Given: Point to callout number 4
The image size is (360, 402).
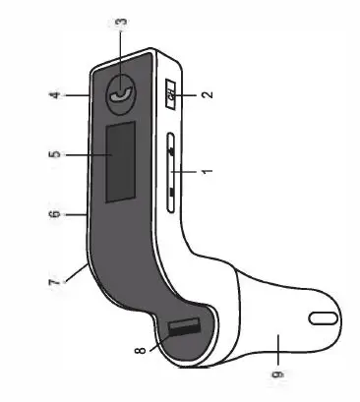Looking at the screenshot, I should (x=58, y=95).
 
